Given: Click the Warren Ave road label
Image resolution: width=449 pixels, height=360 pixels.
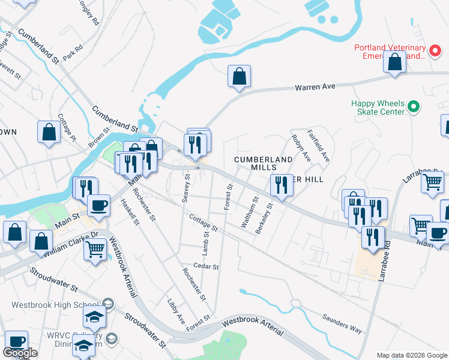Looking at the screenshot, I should click(315, 87).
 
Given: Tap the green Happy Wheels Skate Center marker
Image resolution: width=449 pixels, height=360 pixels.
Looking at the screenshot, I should click(413, 107).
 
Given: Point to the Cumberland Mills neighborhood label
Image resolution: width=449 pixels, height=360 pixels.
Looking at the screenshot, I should click(263, 163).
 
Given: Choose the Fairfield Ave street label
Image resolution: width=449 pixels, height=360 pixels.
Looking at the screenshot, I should click(318, 146).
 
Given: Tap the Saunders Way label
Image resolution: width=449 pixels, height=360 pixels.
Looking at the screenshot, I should click(341, 325).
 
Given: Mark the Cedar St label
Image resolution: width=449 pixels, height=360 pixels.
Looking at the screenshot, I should click(206, 266).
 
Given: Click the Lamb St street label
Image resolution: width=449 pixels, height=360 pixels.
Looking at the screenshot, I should click(205, 242).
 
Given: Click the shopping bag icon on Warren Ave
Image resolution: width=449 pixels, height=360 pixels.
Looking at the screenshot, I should click(239, 77).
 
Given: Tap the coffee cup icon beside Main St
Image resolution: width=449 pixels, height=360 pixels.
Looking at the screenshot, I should click(98, 206).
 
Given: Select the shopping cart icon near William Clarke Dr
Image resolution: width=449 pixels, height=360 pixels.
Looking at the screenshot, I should click(95, 248).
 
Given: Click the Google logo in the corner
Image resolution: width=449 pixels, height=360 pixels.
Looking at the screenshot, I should click(20, 353).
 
